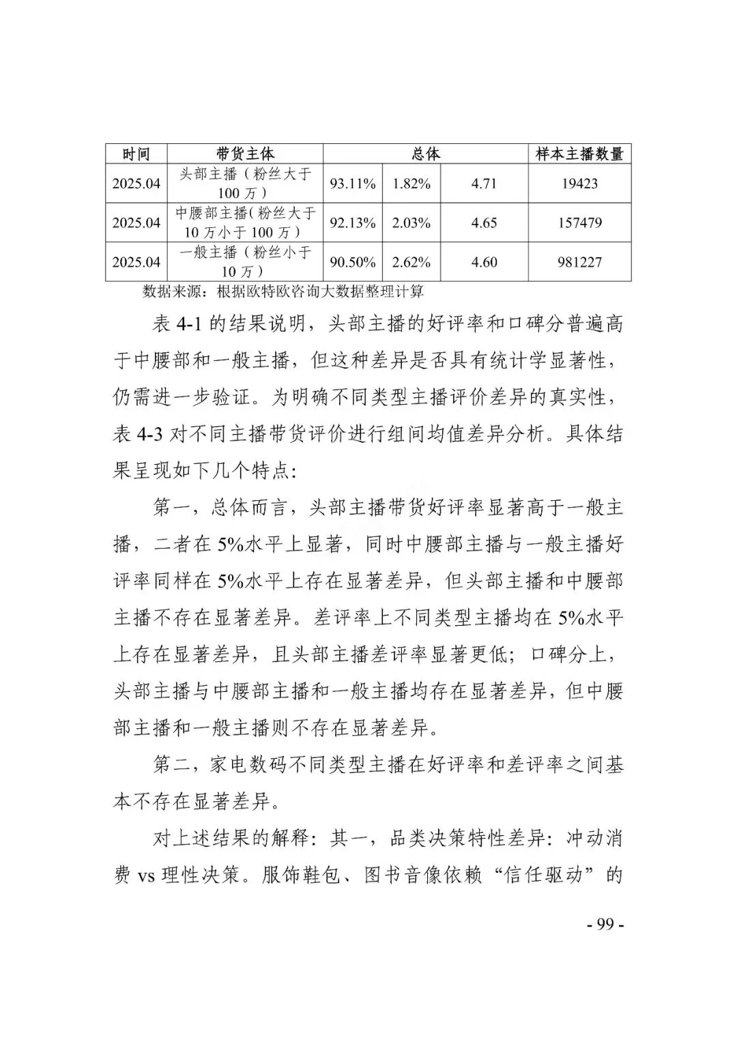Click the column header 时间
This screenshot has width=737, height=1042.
pos(136,154)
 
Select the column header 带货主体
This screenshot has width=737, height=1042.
pos(245,154)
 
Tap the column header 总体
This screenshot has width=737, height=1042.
pos(426,154)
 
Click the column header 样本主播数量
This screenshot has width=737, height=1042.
pos(579,154)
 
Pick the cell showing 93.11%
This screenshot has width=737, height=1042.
pos(353,184)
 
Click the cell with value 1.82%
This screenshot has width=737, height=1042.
pos(411,184)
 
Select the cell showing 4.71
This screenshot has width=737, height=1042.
pos(484,184)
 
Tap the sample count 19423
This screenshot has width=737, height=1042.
pos(579,184)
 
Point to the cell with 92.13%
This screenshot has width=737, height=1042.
pos(353,222)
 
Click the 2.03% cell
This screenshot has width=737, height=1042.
pos(411,222)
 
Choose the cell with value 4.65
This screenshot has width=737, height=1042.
pos(484,222)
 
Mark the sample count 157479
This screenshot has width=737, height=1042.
pos(579,222)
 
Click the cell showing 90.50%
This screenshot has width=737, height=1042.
pos(353,262)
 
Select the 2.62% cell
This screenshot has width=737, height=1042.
pos(411,262)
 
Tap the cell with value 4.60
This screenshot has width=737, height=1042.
pos(484,262)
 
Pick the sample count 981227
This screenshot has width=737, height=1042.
pos(579,262)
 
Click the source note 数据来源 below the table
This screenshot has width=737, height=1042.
pos(283,292)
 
